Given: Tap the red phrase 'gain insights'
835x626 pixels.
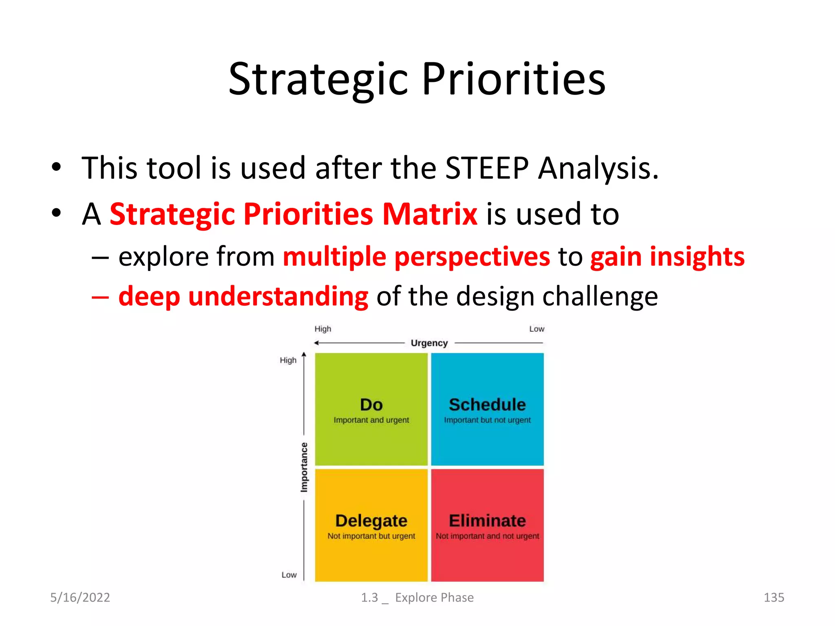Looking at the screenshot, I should pyautogui.click(x=667, y=257).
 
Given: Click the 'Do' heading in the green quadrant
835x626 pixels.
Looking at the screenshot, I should pyautogui.click(x=371, y=405).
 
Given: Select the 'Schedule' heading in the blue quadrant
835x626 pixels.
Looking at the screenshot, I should pyautogui.click(x=487, y=405).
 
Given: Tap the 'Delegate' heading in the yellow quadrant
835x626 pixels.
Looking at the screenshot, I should pyautogui.click(x=371, y=521).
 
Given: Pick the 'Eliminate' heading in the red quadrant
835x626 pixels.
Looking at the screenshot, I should pyautogui.click(x=487, y=521).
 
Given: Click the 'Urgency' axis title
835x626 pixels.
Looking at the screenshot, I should pyautogui.click(x=429, y=343).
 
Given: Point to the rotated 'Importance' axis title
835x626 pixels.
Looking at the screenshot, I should pyautogui.click(x=304, y=467).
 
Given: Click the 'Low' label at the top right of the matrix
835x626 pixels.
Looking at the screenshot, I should pyautogui.click(x=537, y=329).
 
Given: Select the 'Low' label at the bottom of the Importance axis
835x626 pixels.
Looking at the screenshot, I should pyautogui.click(x=289, y=575).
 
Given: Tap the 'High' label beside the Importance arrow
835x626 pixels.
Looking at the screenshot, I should pyautogui.click(x=288, y=360).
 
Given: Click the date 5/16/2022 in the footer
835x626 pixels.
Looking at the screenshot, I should pyautogui.click(x=80, y=597).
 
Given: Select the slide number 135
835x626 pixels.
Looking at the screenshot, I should pyautogui.click(x=773, y=597).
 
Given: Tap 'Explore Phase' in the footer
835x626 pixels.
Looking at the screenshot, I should pyautogui.click(x=434, y=597).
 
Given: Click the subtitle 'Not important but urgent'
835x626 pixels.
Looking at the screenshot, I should pyautogui.click(x=371, y=536).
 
